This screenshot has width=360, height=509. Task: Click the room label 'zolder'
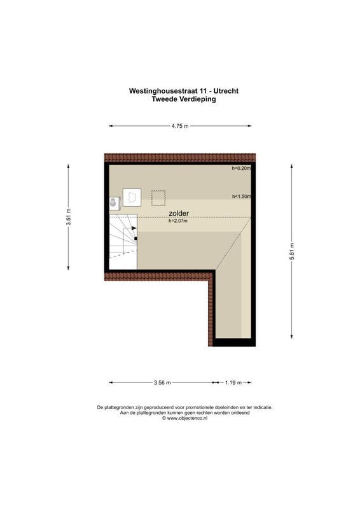[x=178, y=214]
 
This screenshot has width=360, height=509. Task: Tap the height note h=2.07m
[x=178, y=221]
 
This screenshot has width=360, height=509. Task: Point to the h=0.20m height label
[x=241, y=169]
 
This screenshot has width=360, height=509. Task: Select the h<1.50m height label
[x=241, y=197]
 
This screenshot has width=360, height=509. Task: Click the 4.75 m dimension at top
[x=179, y=126]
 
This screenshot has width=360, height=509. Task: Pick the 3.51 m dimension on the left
[x=68, y=218]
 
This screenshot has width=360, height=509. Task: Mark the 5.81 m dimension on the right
[x=292, y=249]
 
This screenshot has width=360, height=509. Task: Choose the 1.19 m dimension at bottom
[x=233, y=382]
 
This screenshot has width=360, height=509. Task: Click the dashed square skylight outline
[x=158, y=198]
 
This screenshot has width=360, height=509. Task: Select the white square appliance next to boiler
[x=132, y=198]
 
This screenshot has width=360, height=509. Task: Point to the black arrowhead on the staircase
[x=134, y=228]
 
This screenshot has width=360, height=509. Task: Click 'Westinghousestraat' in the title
[x=162, y=90]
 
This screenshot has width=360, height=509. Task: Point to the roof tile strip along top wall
[x=179, y=157]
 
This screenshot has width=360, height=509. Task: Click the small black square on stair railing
[x=135, y=239]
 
